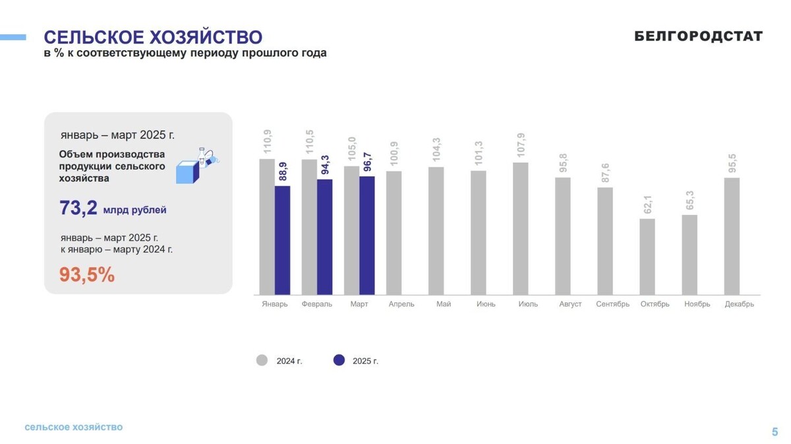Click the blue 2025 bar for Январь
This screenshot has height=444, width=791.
click(x=282, y=240)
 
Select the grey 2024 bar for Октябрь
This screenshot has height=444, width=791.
click(x=647, y=256)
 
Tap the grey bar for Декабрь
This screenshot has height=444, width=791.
click(x=732, y=236)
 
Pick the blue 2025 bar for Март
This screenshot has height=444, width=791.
click(x=367, y=235)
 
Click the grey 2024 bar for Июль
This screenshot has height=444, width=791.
click(x=521, y=228)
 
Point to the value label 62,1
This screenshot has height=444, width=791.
click(x=648, y=204)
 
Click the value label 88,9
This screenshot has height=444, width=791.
click(x=283, y=172)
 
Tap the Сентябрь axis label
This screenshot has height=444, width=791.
click(x=612, y=304)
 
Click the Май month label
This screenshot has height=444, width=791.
click(x=444, y=304)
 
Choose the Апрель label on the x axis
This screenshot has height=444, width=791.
click(x=401, y=304)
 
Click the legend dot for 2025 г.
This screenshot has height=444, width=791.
click(x=339, y=360)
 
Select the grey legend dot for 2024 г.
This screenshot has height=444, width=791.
click(x=262, y=360)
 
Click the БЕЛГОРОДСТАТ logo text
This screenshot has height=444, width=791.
click(x=698, y=36)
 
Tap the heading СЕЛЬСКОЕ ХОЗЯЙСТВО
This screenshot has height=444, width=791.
click(x=153, y=36)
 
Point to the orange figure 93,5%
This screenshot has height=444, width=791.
click(x=87, y=274)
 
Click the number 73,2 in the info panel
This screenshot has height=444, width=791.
click(x=78, y=208)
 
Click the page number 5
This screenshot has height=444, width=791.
click(x=775, y=432)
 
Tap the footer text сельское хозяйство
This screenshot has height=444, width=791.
click(x=74, y=428)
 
